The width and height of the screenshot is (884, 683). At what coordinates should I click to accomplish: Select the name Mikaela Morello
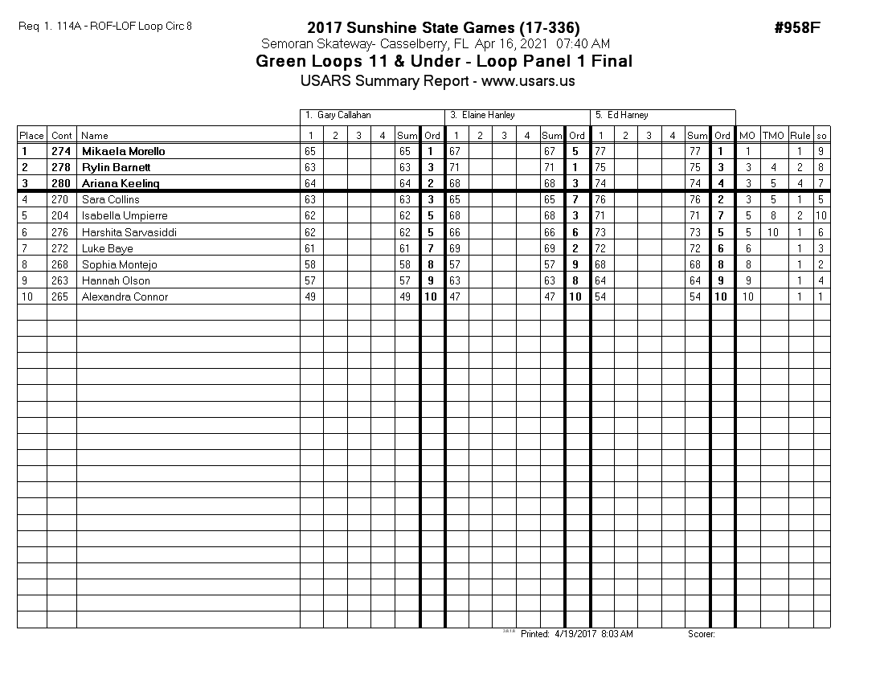pos(123,151)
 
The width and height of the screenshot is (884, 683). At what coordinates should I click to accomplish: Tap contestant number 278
pos(61,167)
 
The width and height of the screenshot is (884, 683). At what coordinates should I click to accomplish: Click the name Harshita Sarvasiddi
pos(129,232)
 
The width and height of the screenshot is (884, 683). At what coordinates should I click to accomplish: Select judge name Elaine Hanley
pos(489,116)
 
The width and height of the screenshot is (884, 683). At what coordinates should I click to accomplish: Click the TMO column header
pos(772,136)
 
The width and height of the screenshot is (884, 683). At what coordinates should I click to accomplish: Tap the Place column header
pos(31,136)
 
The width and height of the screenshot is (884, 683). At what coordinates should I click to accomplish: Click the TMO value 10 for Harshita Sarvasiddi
pos(772,232)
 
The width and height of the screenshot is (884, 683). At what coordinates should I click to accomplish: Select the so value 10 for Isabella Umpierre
pos(821,215)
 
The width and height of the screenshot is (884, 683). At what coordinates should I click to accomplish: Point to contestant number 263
pos(61,280)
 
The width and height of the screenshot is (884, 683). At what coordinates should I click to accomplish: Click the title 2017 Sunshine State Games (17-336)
pos(443,27)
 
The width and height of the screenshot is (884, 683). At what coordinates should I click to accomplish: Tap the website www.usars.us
pos(528,81)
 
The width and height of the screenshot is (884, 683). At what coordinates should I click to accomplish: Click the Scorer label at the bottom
pos(701,634)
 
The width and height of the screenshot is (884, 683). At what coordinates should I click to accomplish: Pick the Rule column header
pos(800,136)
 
